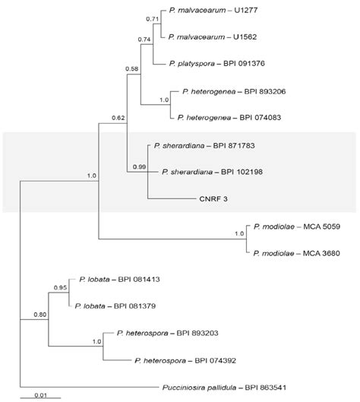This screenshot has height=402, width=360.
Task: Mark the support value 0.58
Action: coord(132,70)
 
